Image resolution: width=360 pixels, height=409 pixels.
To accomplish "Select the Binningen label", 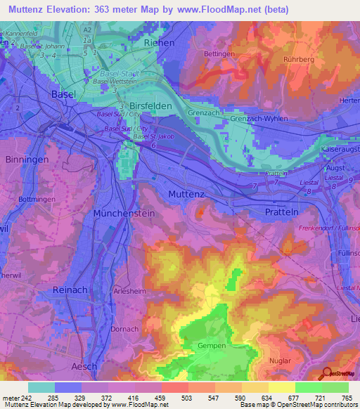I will coord(27,160).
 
